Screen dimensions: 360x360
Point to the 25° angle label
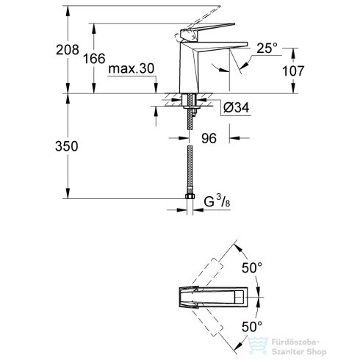click(x=265, y=48)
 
